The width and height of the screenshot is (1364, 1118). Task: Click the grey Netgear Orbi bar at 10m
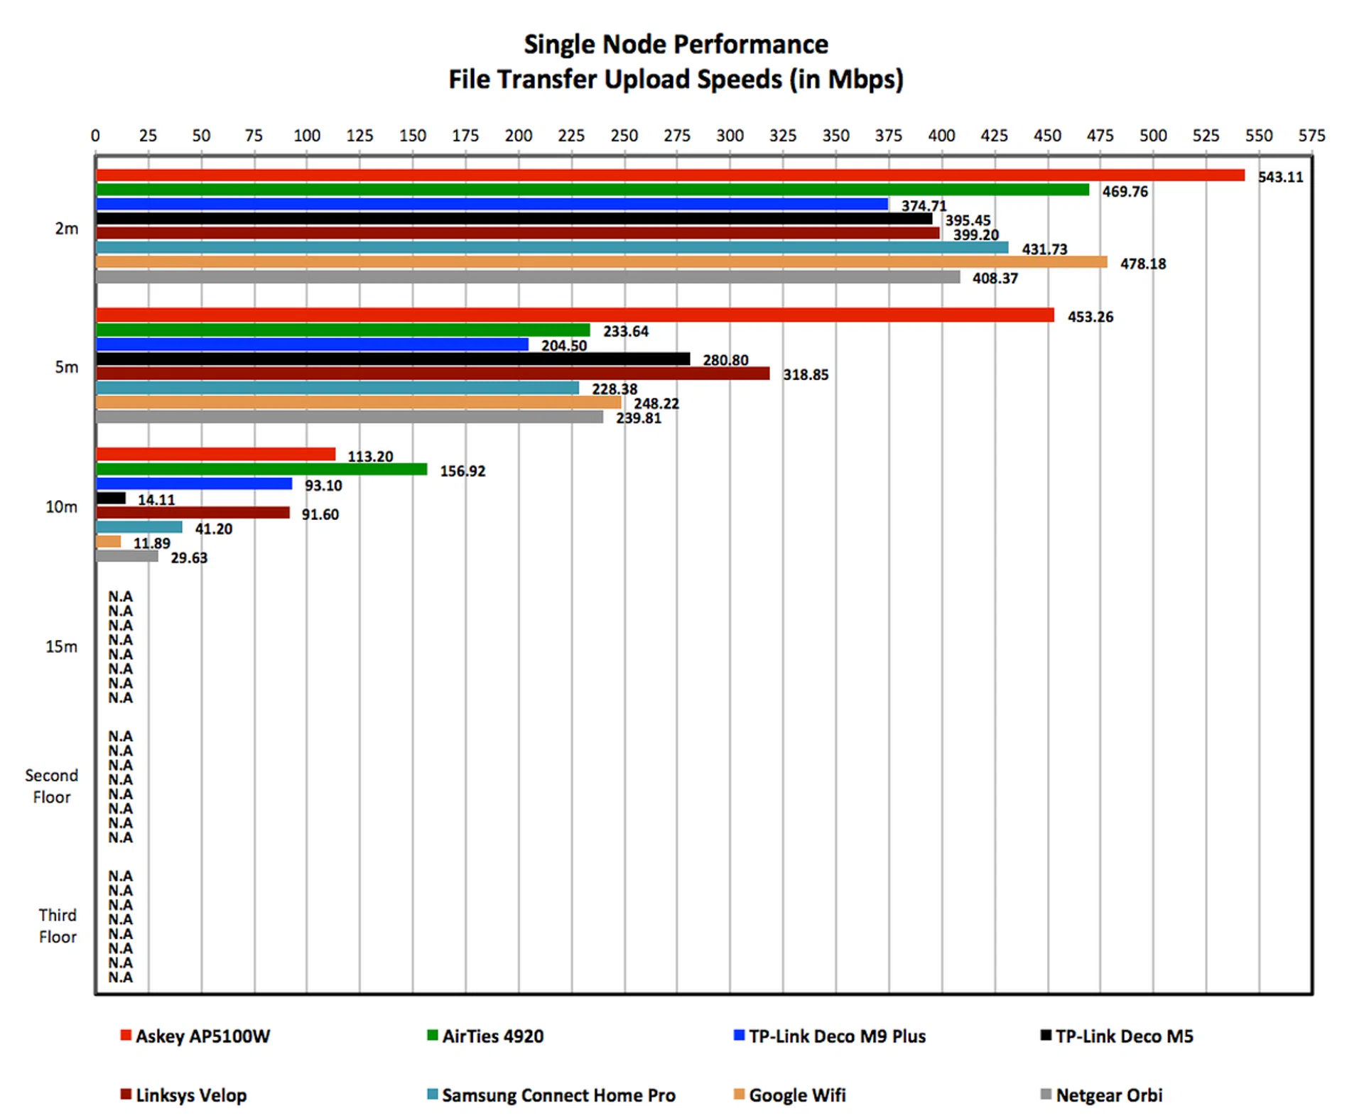coord(127,556)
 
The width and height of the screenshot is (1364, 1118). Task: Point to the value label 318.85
coord(806,375)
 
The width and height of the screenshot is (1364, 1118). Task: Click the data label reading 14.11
coord(156,500)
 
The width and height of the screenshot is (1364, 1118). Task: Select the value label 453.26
coord(1090,317)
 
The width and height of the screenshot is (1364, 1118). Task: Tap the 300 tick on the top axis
coord(730,136)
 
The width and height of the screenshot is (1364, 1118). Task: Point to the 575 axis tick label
coord(1311,136)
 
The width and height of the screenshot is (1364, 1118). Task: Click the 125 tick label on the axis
coord(359,136)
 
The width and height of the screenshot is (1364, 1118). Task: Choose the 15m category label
coord(62,647)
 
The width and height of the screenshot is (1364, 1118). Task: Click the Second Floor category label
coord(51,786)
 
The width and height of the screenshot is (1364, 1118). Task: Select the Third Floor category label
coord(58,926)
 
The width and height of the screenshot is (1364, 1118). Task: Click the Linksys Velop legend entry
coord(190,1095)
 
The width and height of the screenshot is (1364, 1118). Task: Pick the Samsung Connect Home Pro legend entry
coord(558,1095)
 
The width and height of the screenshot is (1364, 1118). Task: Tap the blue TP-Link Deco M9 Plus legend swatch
coord(739,1036)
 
